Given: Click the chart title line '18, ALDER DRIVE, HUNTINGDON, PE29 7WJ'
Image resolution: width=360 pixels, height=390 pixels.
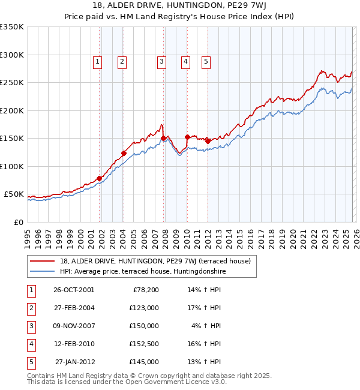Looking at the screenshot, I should coord(179,6).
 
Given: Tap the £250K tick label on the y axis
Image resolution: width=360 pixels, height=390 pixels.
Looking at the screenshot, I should coord(12,83).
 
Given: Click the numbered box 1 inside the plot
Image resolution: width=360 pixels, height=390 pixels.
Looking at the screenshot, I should coord(97,61).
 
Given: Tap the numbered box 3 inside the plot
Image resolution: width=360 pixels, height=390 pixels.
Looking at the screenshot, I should coord(161,61).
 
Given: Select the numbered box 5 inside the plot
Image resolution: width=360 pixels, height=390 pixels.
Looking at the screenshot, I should coord(206,61).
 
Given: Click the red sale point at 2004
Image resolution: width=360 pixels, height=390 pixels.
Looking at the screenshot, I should coord(124,153).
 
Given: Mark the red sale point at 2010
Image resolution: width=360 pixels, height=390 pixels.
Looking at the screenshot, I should coord(187,137).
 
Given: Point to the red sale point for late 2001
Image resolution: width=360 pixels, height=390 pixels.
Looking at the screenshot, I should coord(99,178).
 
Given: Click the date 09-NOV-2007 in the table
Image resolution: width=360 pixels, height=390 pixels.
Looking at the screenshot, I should coord(74,326).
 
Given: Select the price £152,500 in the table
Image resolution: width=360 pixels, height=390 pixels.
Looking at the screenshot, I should coord(144,344).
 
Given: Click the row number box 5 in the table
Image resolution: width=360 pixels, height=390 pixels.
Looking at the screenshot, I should coord(30,362).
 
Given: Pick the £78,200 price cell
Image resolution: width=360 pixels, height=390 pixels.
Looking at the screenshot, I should coord(145,290).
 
